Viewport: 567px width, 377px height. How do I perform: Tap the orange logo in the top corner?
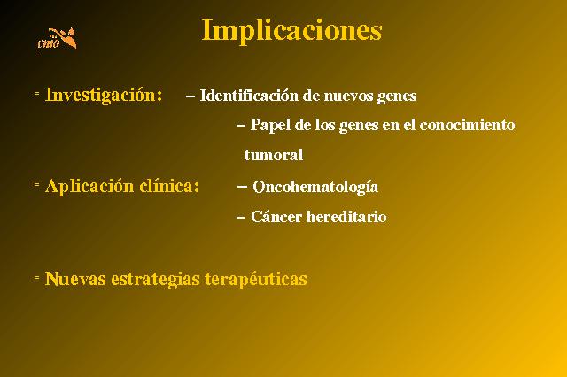(57, 39)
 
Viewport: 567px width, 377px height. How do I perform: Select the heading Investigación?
(104, 96)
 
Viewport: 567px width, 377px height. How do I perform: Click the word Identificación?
(249, 96)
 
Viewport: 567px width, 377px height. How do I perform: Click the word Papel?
(270, 126)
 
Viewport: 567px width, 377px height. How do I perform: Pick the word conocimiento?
(467, 125)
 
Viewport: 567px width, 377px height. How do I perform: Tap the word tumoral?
(274, 155)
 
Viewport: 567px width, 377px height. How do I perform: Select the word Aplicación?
(89, 187)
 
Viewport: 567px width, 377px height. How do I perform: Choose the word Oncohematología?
(315, 187)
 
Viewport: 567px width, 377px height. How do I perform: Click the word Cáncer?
(276, 217)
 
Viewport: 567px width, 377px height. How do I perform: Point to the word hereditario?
(346, 217)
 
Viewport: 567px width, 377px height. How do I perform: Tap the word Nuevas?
(75, 279)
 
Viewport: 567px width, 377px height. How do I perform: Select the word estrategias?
(155, 279)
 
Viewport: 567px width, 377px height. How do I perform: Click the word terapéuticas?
(256, 279)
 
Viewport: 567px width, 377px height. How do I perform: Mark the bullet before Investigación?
(36, 93)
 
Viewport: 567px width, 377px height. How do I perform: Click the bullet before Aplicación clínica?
(36, 185)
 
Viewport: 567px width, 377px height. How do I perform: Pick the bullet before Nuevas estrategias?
(36, 277)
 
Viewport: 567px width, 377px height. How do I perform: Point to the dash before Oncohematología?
(242, 187)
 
